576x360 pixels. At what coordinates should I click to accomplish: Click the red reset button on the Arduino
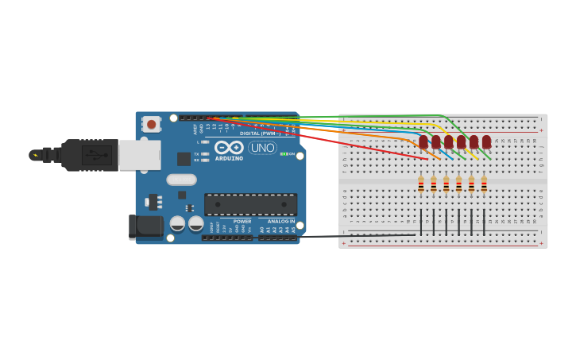point(151,124)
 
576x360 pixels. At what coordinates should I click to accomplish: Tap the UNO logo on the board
point(262,148)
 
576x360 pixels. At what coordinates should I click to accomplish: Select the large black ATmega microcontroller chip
point(250,204)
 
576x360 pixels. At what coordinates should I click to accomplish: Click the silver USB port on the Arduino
point(139,155)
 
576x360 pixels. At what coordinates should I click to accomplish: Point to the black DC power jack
point(145,226)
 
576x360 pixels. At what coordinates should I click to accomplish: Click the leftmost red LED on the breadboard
point(423,141)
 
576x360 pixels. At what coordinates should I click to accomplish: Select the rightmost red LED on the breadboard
point(486,141)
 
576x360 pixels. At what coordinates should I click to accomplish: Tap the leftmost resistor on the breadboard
point(421,184)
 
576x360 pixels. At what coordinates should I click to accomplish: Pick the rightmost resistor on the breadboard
point(484,184)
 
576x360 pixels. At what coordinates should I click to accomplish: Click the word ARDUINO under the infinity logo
point(229,158)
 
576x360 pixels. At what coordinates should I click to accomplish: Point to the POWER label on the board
point(242,221)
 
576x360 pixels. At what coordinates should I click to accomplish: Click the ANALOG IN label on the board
point(280,221)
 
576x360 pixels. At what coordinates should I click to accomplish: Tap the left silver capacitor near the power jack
point(178,223)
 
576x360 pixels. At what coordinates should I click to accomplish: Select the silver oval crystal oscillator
point(181,180)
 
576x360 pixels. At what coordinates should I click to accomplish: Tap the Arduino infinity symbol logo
point(229,147)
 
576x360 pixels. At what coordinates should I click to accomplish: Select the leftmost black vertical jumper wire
point(421,220)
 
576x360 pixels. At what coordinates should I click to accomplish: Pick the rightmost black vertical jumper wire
point(484,220)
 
